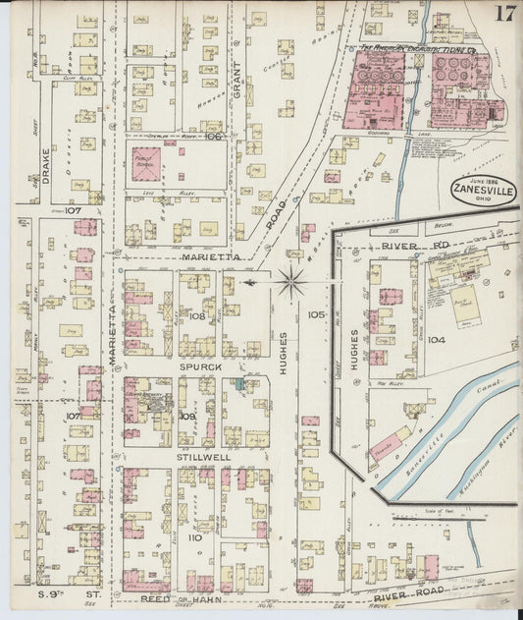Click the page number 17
[x=505, y=13]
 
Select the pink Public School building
[x=147, y=163]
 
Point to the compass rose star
[x=291, y=283]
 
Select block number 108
[x=197, y=316]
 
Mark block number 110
[x=194, y=537]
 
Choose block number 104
[x=437, y=339]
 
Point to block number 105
[x=316, y=314]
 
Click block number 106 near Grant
[x=215, y=138]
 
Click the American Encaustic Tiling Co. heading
[x=416, y=46]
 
